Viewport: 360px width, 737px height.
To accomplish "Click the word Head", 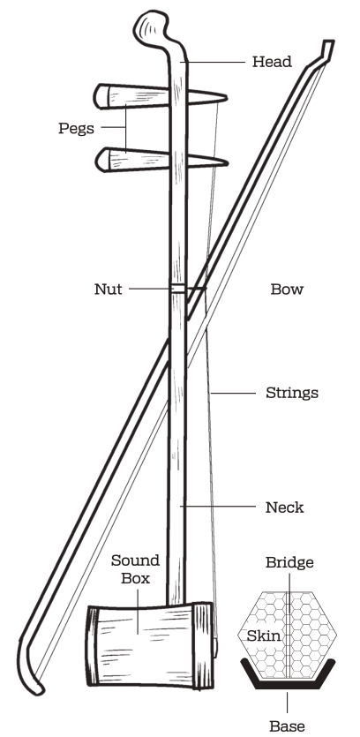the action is [x=272, y=62].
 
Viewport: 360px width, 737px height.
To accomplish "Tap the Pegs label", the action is [x=76, y=128].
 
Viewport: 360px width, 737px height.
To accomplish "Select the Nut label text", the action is [x=109, y=289].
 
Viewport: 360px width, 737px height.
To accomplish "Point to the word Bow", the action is [x=287, y=289].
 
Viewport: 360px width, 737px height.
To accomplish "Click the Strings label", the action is [x=292, y=393].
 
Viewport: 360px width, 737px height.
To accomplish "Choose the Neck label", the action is [x=284, y=508].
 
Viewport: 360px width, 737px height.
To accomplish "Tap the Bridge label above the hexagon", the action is [x=289, y=562].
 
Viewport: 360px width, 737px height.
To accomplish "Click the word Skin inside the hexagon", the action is [x=264, y=636].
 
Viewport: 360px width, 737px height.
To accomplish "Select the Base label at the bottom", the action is [x=287, y=726].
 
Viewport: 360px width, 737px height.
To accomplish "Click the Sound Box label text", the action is [x=135, y=568].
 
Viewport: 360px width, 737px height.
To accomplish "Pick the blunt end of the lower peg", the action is [x=101, y=160].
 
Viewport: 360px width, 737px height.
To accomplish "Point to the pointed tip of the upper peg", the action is [x=226, y=98].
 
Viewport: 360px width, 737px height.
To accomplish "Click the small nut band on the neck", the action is [x=177, y=288].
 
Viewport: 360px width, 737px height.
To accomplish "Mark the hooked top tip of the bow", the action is [x=328, y=46].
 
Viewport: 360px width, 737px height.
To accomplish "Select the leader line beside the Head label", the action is [x=214, y=62].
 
